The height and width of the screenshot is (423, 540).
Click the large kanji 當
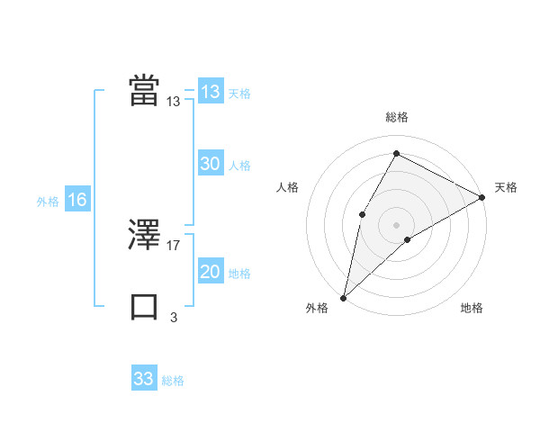coord(145,90)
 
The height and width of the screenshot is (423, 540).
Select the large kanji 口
coord(145,306)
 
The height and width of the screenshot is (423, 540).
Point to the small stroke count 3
coord(174,317)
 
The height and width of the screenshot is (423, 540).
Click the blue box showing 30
coord(211,164)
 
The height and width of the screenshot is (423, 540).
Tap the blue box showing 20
coord(211,272)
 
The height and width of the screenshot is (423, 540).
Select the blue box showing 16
coord(77,200)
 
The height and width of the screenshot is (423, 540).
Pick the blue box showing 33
coord(144,379)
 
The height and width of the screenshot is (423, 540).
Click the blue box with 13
coord(211,92)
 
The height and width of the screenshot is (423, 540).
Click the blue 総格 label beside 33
coord(173,381)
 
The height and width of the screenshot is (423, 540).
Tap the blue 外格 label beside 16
coord(48,202)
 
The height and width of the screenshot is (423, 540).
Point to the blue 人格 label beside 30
coord(239,166)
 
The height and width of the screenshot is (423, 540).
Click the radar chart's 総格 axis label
coord(397,118)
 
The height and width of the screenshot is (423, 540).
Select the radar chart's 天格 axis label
coord(506,187)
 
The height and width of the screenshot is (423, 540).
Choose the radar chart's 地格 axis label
coord(472,309)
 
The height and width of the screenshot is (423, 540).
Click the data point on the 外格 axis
coord(343,298)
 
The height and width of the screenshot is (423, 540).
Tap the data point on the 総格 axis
coord(396,153)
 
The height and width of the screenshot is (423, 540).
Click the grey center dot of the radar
coord(396,224)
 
